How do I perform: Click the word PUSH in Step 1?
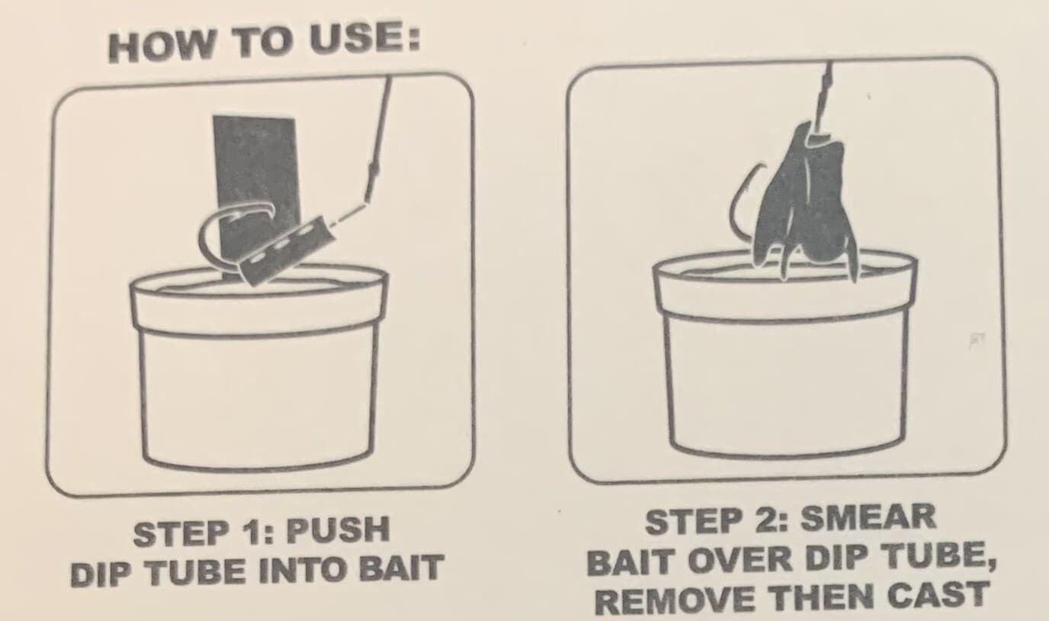pos(338,530)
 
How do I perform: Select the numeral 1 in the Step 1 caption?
pos(255,533)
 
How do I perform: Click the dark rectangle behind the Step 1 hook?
pos(253,164)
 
